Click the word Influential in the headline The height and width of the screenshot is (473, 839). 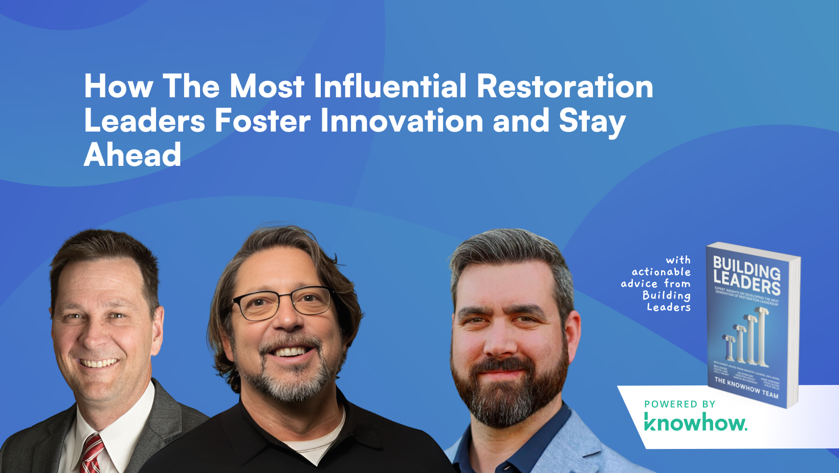pos(390,86)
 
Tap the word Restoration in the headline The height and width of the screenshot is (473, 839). pos(565,86)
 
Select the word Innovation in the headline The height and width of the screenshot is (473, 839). pos(402,121)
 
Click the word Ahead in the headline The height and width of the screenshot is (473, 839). pos(133,155)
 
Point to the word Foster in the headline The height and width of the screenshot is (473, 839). pos(262,121)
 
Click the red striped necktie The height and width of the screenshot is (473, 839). pos(93,453)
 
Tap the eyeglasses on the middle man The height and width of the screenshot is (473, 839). pos(283,303)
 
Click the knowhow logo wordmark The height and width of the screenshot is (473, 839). pos(695,423)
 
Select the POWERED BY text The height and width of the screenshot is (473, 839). pos(679,404)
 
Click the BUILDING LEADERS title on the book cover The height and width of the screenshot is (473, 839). pos(747,275)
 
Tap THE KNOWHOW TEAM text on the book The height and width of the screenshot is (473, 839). pos(746,388)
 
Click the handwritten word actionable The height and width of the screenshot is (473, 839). pos(661,272)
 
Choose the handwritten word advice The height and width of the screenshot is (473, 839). pos(639,284)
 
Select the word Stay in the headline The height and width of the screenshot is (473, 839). pos(592,122)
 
